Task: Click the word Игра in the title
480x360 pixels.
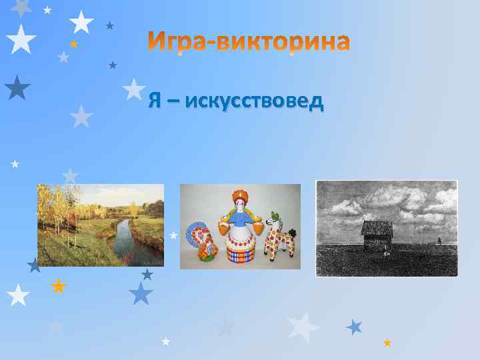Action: pyautogui.click(x=171, y=42)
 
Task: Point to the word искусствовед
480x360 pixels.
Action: pyautogui.click(x=255, y=101)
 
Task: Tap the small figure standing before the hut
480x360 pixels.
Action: pyautogui.click(x=385, y=253)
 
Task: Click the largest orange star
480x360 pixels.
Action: pyautogui.click(x=59, y=287)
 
